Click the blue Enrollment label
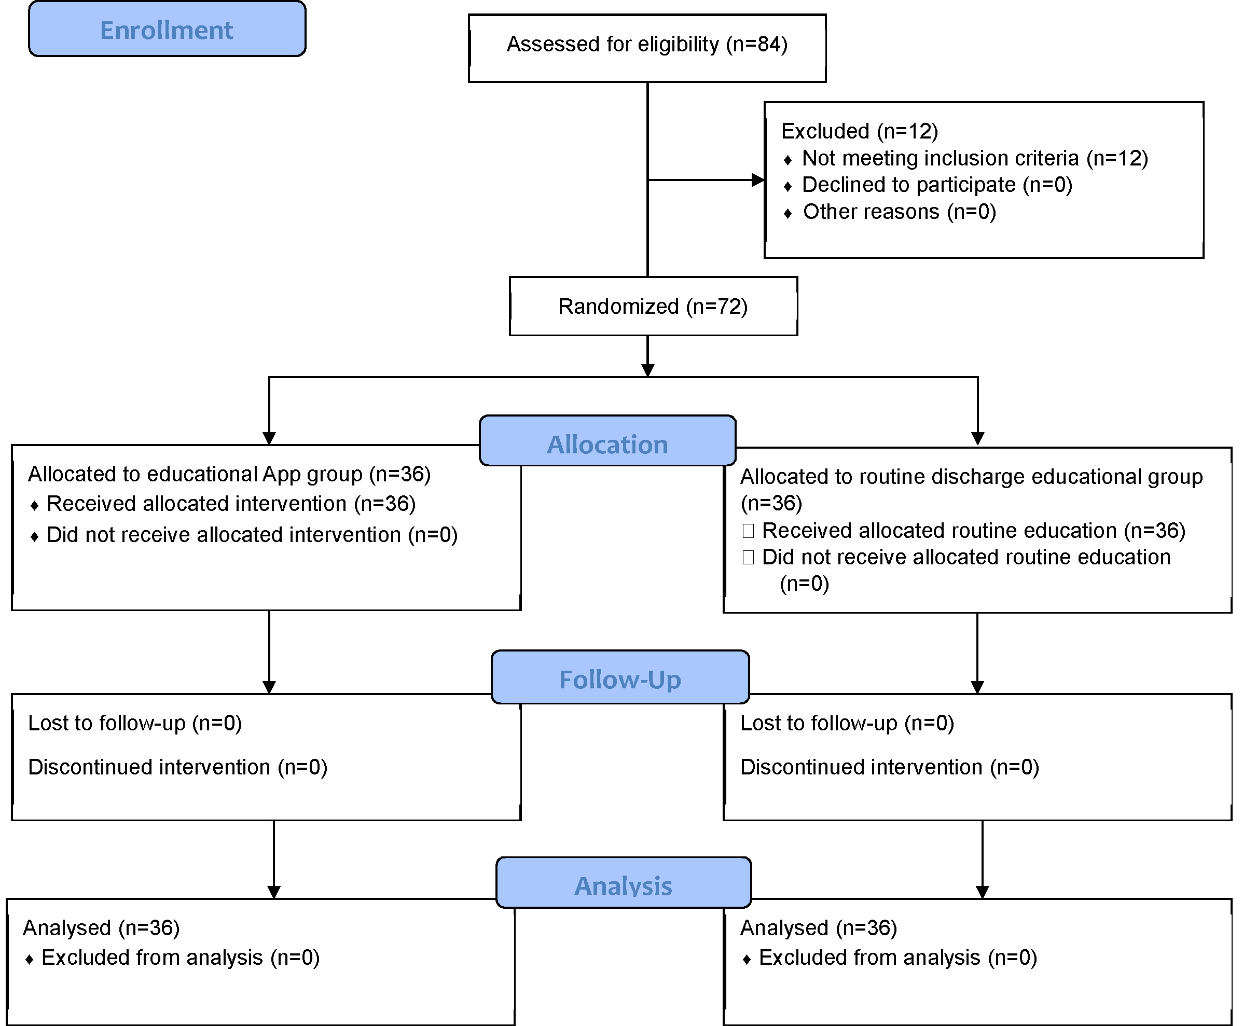(x=167, y=30)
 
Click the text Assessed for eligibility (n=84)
(x=647, y=44)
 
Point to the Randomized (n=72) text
(x=653, y=307)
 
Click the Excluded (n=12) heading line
(x=860, y=131)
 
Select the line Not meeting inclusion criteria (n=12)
(x=975, y=158)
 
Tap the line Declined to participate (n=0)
(x=937, y=185)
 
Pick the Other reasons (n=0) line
(x=899, y=212)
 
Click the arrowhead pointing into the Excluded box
(x=758, y=179)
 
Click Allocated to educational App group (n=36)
(x=229, y=474)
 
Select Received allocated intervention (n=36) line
(x=231, y=504)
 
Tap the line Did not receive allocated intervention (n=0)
(x=252, y=535)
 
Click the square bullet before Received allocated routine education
(x=748, y=531)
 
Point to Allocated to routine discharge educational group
(x=971, y=476)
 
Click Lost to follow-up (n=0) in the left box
(x=135, y=723)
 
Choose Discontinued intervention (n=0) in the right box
(x=890, y=767)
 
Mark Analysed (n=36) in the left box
(x=101, y=928)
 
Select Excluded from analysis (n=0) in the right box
(x=898, y=958)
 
